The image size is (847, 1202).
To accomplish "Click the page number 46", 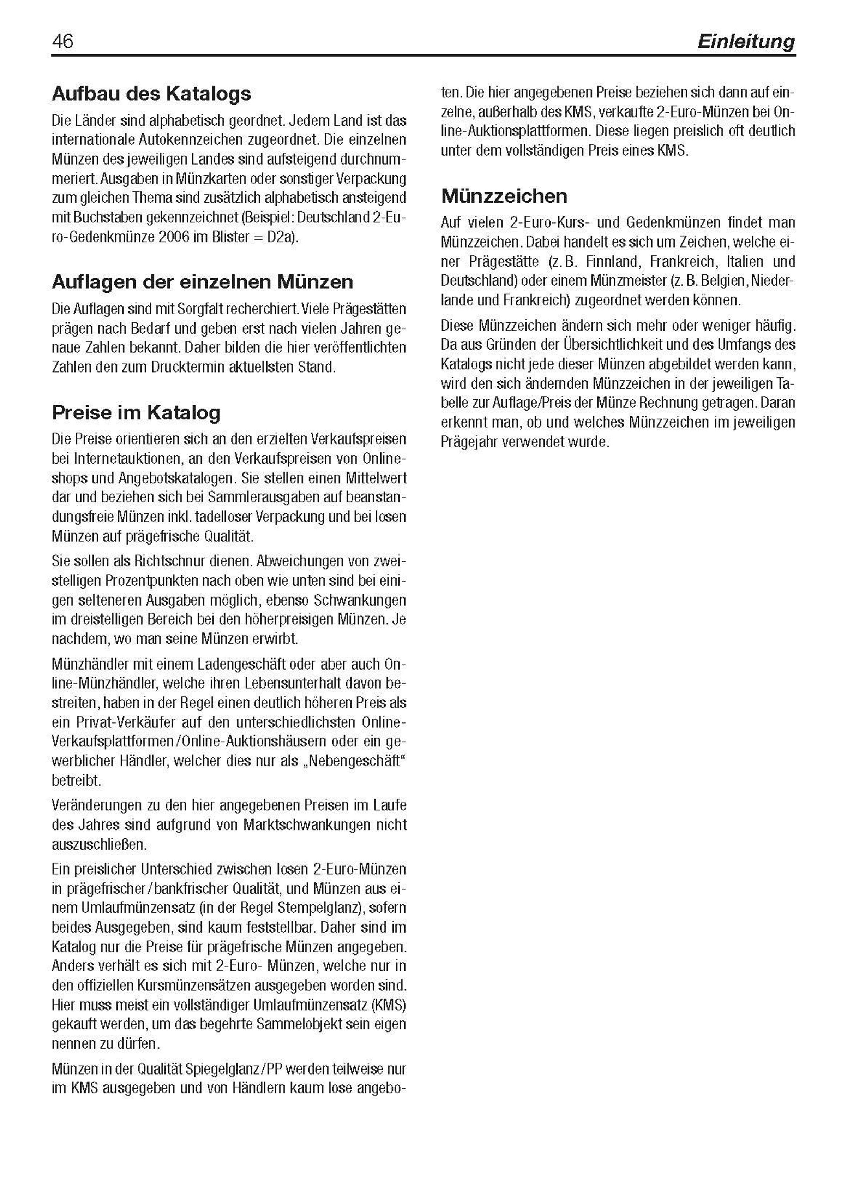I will coord(62,41).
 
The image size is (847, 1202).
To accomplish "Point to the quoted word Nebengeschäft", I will coord(357,761).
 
